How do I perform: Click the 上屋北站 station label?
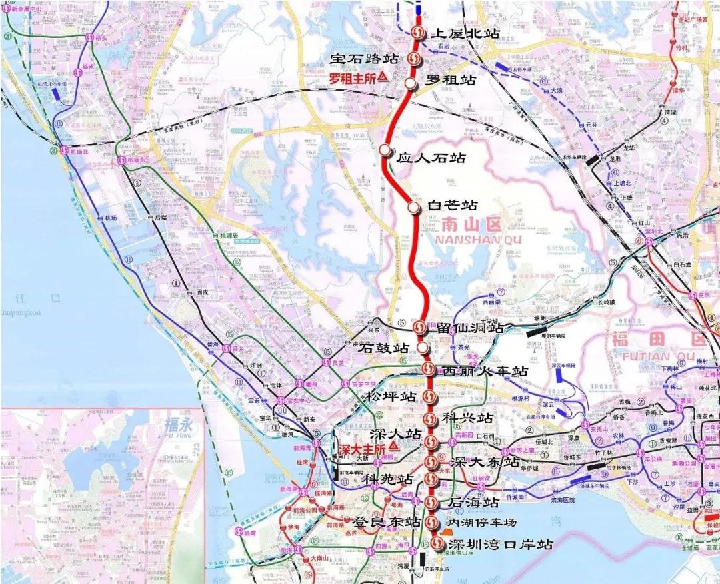pyautogui.click(x=466, y=33)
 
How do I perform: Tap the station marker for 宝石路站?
pyautogui.click(x=415, y=59)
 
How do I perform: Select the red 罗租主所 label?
pyautogui.click(x=354, y=78)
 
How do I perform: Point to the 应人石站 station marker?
pyautogui.click(x=385, y=150)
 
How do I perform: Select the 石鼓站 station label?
pyautogui.click(x=383, y=348)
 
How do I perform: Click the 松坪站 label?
pyautogui.click(x=390, y=396)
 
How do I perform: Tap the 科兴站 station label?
pyautogui.click(x=467, y=418)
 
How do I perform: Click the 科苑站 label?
pyautogui.click(x=387, y=479)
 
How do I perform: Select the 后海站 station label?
pyautogui.click(x=473, y=502)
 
